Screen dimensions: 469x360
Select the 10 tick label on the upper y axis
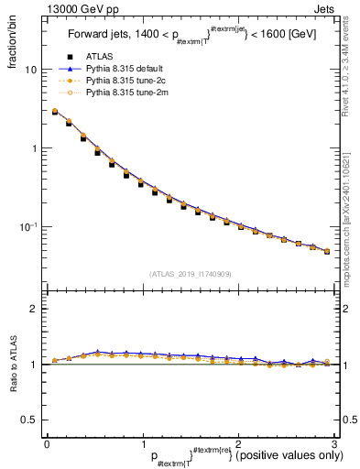point(29,70)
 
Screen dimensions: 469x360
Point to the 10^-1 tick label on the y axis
point(27,226)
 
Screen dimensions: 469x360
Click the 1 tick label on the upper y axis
point(33,148)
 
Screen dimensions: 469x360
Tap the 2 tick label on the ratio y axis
point(33,309)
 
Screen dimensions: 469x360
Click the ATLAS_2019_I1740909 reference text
point(190,274)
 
